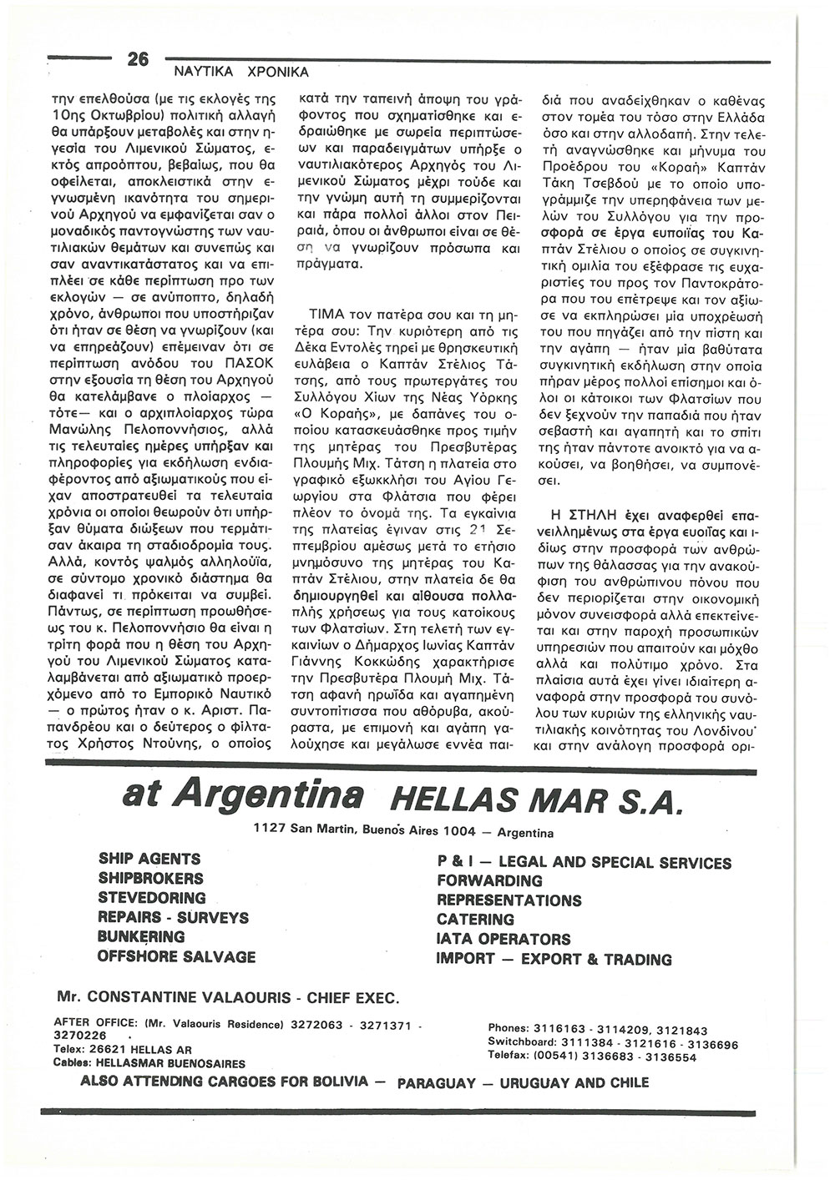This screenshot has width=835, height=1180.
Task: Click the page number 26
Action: [x=137, y=59]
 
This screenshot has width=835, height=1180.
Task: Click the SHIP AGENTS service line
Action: [x=149, y=859]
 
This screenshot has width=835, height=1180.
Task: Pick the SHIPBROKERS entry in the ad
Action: [x=150, y=879]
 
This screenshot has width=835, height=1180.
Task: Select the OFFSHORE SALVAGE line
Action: [x=177, y=956]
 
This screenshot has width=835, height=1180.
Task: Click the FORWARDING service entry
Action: [x=489, y=881]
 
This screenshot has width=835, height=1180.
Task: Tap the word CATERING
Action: [x=476, y=920]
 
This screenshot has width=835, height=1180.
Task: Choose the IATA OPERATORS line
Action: [x=504, y=940]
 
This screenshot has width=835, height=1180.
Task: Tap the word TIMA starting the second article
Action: [x=324, y=318]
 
